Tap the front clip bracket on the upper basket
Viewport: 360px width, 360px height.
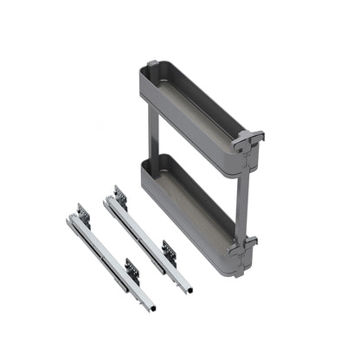tap(247, 142)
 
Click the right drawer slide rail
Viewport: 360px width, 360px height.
tap(147, 239)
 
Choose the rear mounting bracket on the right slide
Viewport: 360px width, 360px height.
tap(119, 195)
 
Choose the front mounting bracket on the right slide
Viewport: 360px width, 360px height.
tap(170, 252)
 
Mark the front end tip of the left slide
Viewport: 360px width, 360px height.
tap(152, 307)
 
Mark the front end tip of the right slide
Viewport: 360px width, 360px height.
tap(188, 288)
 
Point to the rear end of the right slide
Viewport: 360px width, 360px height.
tap(107, 200)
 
